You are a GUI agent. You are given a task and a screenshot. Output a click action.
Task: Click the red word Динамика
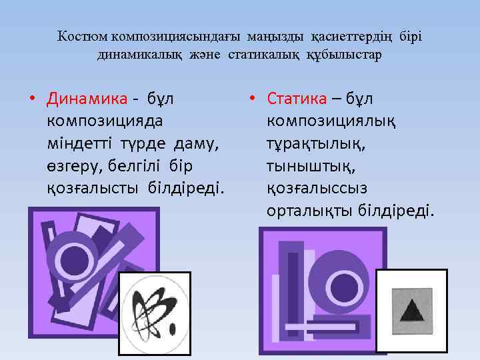click(87, 99)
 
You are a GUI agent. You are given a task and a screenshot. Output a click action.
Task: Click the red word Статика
click(297, 99)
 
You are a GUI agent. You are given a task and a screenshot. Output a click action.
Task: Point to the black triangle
click(411, 311)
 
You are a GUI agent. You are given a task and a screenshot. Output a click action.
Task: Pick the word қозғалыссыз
click(317, 189)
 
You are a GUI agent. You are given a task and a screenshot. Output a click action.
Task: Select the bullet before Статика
click(251, 99)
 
